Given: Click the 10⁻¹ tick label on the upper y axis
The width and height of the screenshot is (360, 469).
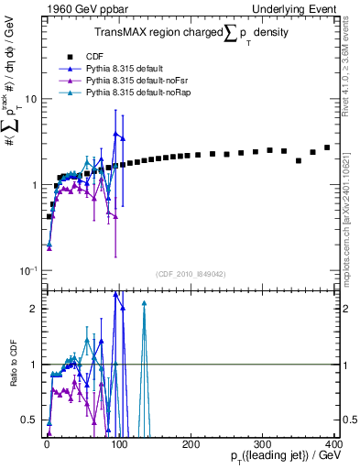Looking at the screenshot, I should click(27, 271).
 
